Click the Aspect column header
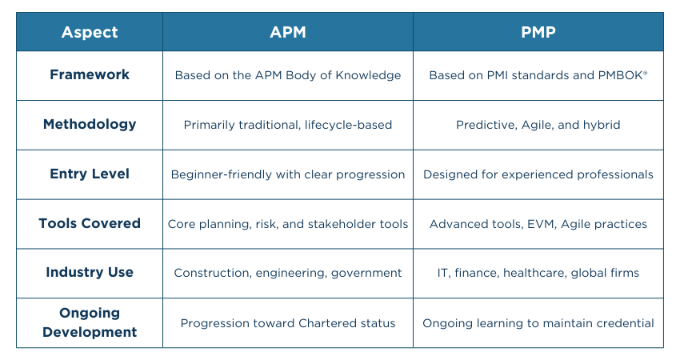pyautogui.click(x=90, y=33)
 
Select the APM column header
pyautogui.click(x=288, y=32)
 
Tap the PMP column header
pyautogui.click(x=538, y=32)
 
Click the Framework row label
pyautogui.click(x=90, y=74)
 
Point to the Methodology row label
pyautogui.click(x=90, y=125)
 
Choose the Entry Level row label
pyautogui.click(x=90, y=174)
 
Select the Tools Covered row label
pyautogui.click(x=90, y=223)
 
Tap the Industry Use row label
pyautogui.click(x=90, y=272)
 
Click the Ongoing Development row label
pyautogui.click(x=90, y=322)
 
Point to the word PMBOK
pyautogui.click(x=621, y=75)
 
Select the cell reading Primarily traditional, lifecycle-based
pyautogui.click(x=288, y=125)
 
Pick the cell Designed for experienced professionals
pyautogui.click(x=538, y=174)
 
